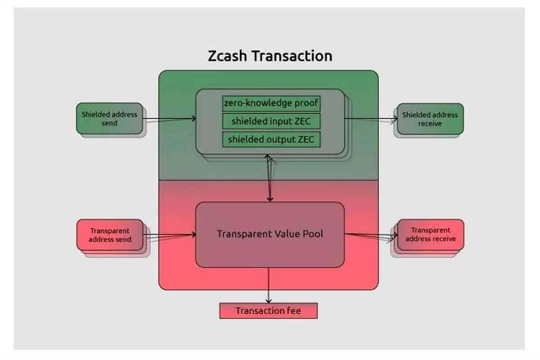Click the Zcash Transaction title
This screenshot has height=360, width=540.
coord(270,56)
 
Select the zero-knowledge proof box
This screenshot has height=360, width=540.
coord(271,103)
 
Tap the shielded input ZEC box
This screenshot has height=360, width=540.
coord(271,121)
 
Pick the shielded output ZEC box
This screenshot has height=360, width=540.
coord(271,139)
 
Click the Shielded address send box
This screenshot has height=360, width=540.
coord(109,118)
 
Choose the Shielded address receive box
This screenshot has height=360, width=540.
coord(430,119)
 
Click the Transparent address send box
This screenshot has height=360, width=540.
coord(110,234)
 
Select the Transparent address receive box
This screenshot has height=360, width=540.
coord(430,234)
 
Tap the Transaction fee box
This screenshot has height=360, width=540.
coord(268,311)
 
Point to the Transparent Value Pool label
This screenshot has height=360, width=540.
coord(270,234)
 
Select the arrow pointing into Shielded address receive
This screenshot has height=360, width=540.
coord(371,119)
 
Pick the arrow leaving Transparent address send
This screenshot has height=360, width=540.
coord(170,234)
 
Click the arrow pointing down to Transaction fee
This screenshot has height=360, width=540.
coord(269,285)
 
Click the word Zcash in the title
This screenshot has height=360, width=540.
coord(228,56)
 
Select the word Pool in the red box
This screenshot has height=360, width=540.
coord(312,234)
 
